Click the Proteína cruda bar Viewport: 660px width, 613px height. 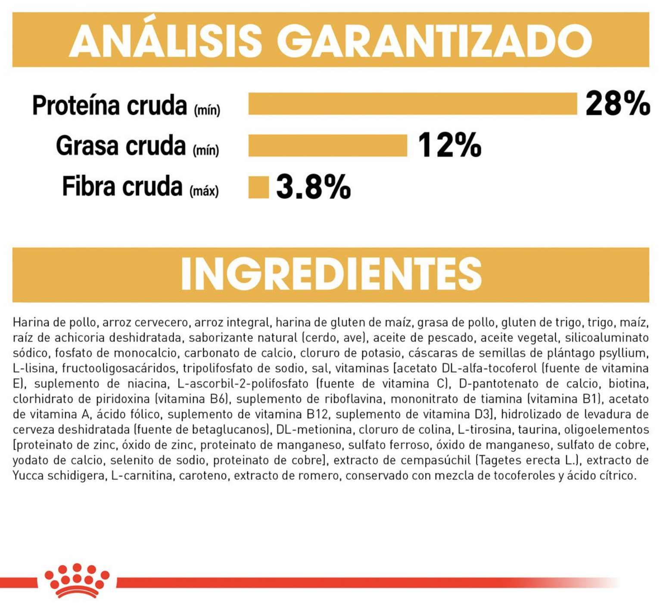pyautogui.click(x=413, y=104)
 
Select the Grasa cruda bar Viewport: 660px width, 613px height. pyautogui.click(x=328, y=146)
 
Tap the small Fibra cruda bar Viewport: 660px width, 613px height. pyautogui.click(x=258, y=187)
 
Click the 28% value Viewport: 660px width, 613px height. pyautogui.click(x=618, y=104)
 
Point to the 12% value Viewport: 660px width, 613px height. pyautogui.click(x=450, y=145)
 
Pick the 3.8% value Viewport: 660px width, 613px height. pyautogui.click(x=314, y=187)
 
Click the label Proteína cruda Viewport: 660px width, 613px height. pyautogui.click(x=109, y=105)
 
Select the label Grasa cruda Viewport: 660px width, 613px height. pyautogui.click(x=121, y=146)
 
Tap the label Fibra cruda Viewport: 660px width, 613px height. pyautogui.click(x=122, y=186)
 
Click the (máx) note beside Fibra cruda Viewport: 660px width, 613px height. pyautogui.click(x=204, y=191)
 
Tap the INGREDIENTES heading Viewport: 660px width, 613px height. pyautogui.click(x=331, y=274)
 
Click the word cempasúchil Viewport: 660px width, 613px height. pyautogui.click(x=436, y=461)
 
